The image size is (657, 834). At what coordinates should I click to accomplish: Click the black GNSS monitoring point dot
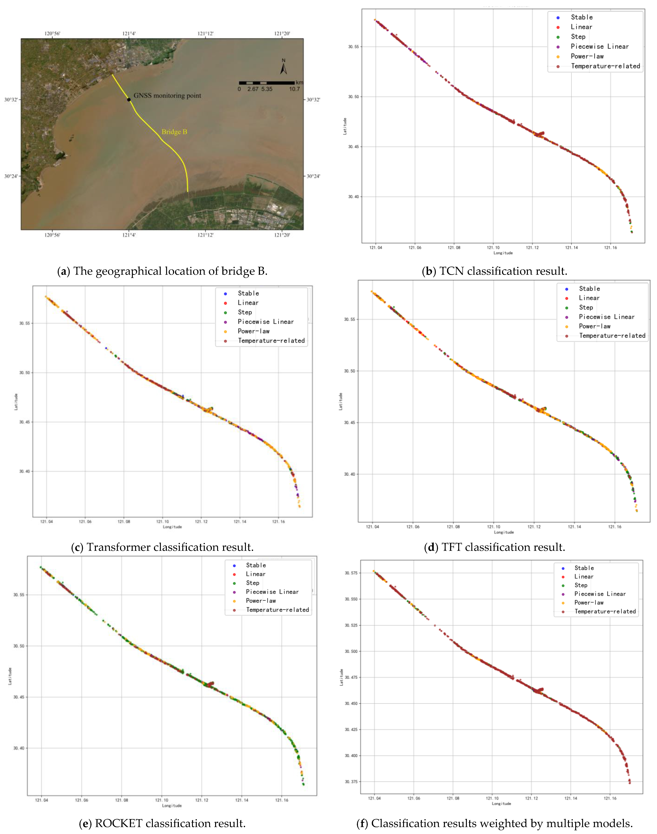tap(129, 99)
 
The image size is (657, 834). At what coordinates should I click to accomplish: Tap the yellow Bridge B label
tap(174, 132)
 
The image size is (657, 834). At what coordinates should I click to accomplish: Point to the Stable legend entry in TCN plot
tap(581, 17)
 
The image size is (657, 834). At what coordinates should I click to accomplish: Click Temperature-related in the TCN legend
tap(605, 66)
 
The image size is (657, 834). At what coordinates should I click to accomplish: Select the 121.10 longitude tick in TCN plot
tap(493, 247)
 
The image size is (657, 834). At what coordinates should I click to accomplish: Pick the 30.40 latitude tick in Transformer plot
tap(24, 471)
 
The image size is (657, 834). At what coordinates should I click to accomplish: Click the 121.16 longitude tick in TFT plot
tap(614, 526)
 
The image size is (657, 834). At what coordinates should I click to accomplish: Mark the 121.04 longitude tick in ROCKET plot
tap(42, 800)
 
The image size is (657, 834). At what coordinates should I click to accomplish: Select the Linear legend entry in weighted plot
tap(584, 577)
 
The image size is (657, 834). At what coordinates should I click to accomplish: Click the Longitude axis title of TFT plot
tap(504, 532)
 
